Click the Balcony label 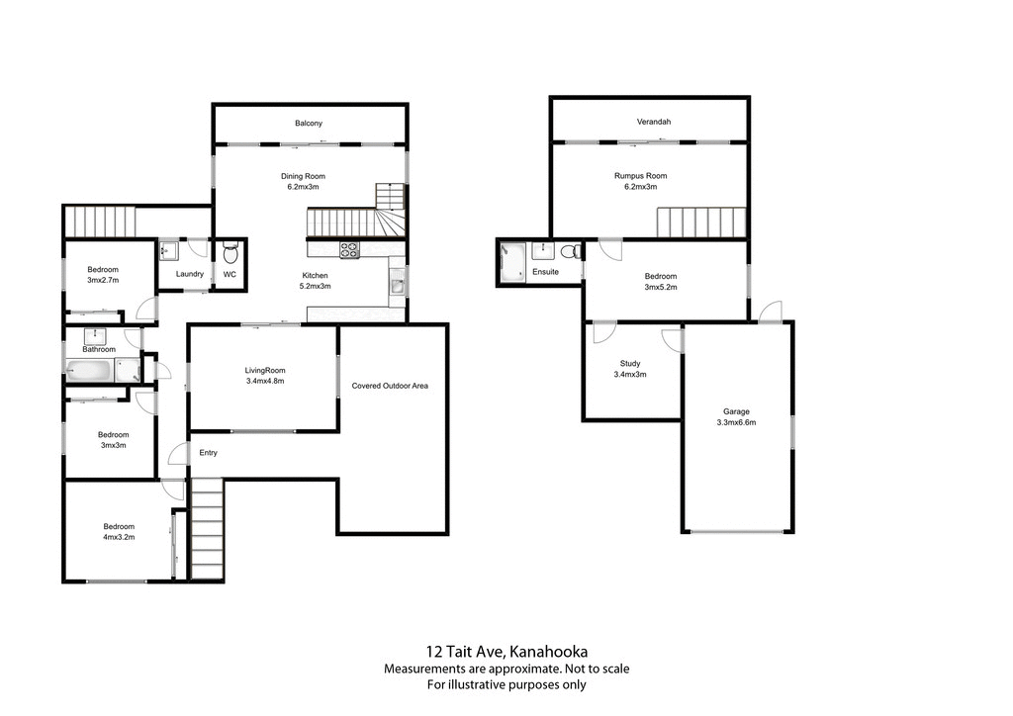pyautogui.click(x=309, y=124)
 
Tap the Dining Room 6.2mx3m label pyautogui.click(x=303, y=181)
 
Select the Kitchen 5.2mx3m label pyautogui.click(x=316, y=281)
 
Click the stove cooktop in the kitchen pyautogui.click(x=349, y=250)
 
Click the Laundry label pyautogui.click(x=190, y=274)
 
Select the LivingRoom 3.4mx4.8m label pyautogui.click(x=265, y=376)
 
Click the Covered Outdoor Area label pyautogui.click(x=390, y=386)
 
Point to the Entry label pyautogui.click(x=208, y=453)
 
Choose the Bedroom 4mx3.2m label pyautogui.click(x=119, y=532)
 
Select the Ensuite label pyautogui.click(x=545, y=272)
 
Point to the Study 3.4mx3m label pyautogui.click(x=630, y=369)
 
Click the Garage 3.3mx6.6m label pyautogui.click(x=736, y=416)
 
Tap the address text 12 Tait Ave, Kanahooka pyautogui.click(x=506, y=651)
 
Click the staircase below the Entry pyautogui.click(x=207, y=529)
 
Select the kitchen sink pyautogui.click(x=397, y=286)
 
